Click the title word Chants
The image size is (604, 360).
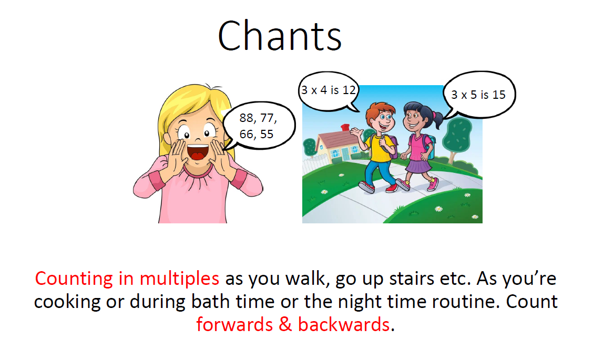[280, 36]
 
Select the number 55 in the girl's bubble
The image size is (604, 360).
[267, 135]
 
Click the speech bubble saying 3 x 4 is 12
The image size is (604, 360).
[329, 91]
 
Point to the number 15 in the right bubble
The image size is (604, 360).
[498, 95]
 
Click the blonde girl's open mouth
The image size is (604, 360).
[197, 152]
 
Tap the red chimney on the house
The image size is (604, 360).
[345, 127]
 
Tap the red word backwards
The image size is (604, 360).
[344, 325]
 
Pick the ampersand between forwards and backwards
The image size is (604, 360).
[285, 325]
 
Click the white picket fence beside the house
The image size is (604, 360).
[313, 166]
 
